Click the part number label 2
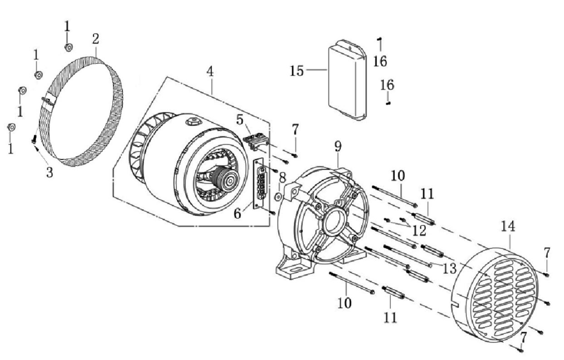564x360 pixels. point(95,39)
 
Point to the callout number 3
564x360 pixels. point(49,172)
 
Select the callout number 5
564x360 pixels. point(239,120)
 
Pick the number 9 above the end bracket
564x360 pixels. point(338,146)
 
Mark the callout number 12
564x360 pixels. point(419,230)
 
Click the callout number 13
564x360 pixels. point(449,268)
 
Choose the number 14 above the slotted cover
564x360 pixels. point(508,225)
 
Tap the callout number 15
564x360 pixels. point(297,71)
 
